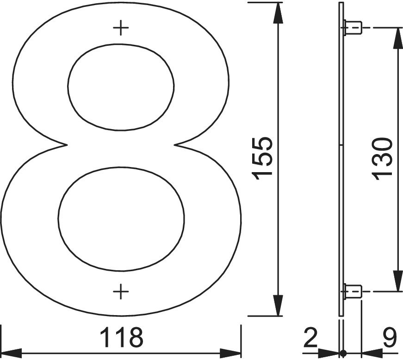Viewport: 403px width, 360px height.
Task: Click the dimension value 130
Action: coord(384,157)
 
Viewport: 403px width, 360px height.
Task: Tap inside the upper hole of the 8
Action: coord(121,87)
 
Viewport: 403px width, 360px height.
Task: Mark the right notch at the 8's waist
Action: coord(177,145)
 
